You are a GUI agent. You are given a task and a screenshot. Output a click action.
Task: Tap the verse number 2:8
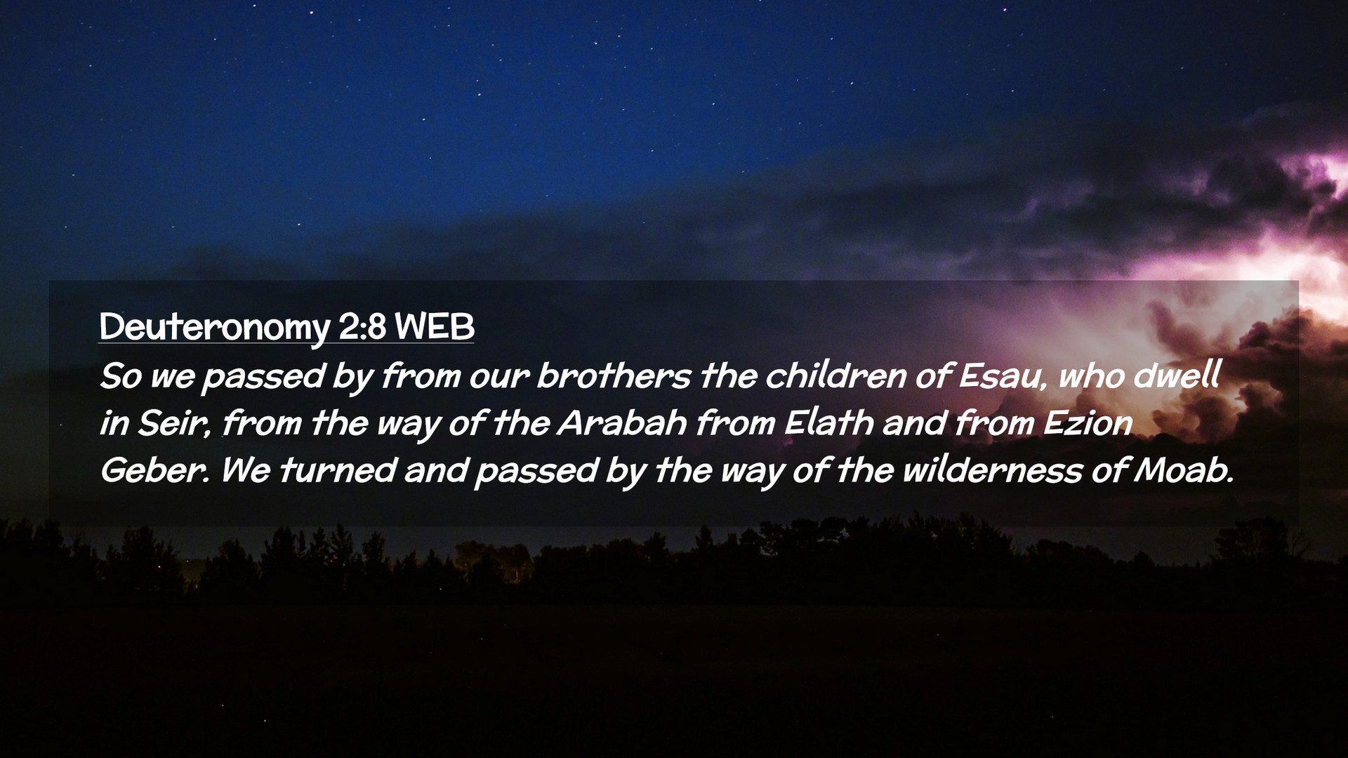point(362,326)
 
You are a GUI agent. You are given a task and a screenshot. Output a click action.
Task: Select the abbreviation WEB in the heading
point(435,326)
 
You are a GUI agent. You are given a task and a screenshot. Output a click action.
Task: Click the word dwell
point(1177,375)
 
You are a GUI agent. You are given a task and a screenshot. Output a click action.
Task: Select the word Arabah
point(622,423)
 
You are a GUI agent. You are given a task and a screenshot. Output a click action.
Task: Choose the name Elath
point(829,423)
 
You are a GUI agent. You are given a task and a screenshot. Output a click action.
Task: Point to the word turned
point(338,470)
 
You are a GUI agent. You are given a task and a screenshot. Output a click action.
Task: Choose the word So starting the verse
point(121,376)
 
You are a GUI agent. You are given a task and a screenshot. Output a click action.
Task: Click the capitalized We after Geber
point(246,470)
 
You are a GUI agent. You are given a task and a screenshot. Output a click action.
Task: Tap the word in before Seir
point(114,424)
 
